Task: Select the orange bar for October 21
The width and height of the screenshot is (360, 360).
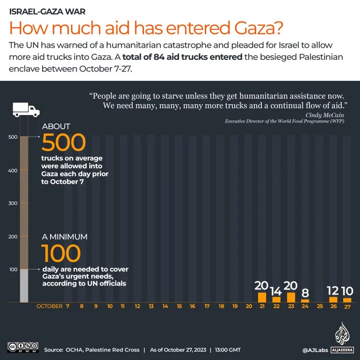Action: click(262, 298)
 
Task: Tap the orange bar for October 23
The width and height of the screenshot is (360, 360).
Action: click(291, 298)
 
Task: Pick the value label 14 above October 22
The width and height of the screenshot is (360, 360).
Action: click(276, 291)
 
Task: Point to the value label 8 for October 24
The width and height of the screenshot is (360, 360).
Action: click(305, 293)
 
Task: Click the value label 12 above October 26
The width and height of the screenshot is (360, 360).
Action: click(333, 291)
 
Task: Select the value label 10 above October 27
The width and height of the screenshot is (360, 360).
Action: click(346, 291)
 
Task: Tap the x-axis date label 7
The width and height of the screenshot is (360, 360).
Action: click(68, 307)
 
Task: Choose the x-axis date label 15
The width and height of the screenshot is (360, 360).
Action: click(179, 307)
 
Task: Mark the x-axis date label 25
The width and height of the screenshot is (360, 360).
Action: click(320, 307)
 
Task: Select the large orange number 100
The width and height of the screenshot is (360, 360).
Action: click(61, 253)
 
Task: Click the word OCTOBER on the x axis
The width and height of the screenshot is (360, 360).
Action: click(49, 307)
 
